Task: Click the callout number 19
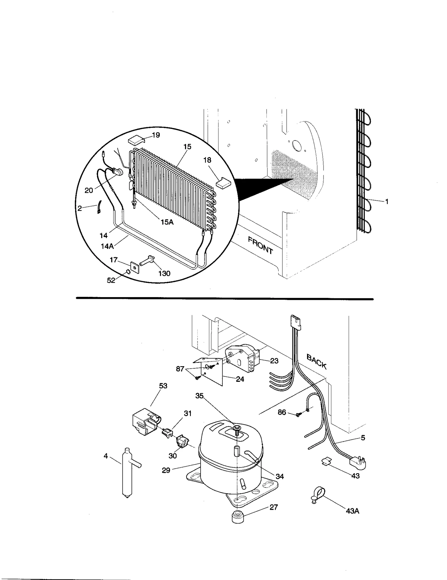coord(156,135)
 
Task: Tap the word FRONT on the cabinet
coord(260,245)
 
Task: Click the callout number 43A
coord(352,511)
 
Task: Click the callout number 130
coord(164,273)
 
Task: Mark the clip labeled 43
coord(326,461)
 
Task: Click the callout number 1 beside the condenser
coord(387,202)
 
